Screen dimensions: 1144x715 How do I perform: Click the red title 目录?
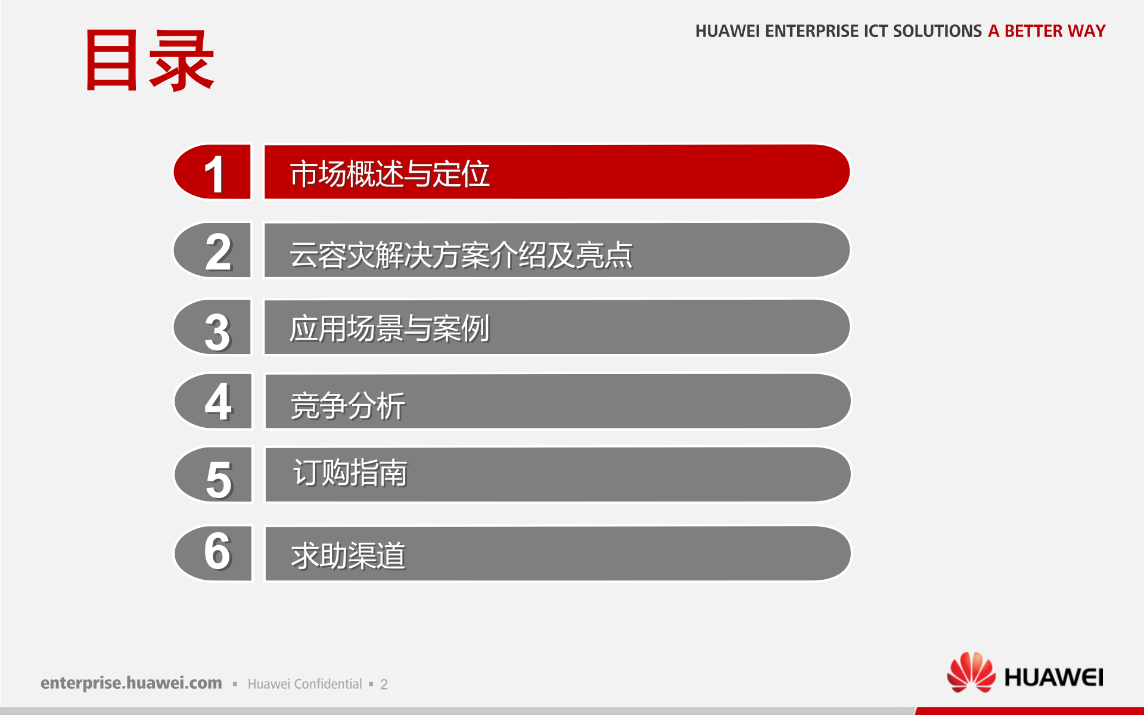[x=150, y=60]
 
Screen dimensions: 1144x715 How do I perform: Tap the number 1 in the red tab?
[x=214, y=174]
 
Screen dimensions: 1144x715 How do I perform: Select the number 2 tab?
[x=212, y=250]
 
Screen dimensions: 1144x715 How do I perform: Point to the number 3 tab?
[x=212, y=327]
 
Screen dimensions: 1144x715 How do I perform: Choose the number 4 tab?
[x=213, y=401]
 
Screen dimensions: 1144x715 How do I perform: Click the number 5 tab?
[x=213, y=475]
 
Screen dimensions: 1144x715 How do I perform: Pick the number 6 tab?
[x=213, y=553]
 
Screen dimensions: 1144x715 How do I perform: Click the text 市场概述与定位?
[x=390, y=174]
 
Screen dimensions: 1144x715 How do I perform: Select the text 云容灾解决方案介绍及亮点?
[x=461, y=254]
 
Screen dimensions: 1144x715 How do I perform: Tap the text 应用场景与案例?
[x=390, y=328]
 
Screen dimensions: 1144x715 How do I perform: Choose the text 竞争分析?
[x=348, y=406]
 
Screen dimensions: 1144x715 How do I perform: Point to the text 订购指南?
[x=350, y=473]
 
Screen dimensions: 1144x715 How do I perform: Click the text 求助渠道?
[x=349, y=556]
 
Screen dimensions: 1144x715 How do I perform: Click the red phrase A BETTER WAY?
[x=1047, y=31]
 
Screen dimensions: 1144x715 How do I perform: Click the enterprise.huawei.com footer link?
[x=131, y=683]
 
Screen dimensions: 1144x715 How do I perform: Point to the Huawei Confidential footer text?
[x=305, y=684]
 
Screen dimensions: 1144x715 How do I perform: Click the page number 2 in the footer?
[x=384, y=685]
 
